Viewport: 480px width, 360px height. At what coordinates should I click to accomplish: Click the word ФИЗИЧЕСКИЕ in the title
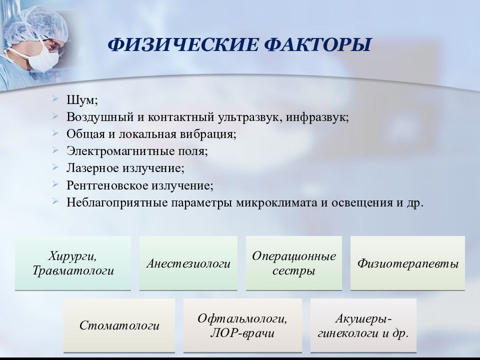(183, 44)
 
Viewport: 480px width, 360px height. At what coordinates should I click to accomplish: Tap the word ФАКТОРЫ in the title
(317, 44)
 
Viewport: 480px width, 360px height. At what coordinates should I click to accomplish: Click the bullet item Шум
(82, 100)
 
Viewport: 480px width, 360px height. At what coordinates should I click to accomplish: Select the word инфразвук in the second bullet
(317, 117)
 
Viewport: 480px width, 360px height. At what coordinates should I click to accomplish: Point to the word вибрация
(208, 134)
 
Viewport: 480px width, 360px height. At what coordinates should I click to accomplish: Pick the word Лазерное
(93, 168)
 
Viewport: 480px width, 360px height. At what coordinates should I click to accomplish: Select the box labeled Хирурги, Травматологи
(73, 263)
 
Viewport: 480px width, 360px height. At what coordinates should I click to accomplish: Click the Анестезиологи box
(188, 263)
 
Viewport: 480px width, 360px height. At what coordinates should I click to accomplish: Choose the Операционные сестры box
(294, 263)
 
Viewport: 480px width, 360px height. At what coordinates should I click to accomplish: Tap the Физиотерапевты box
(408, 263)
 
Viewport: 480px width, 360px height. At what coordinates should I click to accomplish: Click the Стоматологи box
(119, 325)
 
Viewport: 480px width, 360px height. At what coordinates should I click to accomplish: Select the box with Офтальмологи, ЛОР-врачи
(243, 325)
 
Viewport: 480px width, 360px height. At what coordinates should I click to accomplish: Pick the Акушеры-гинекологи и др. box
(363, 325)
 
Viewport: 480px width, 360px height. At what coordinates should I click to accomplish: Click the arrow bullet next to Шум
(55, 98)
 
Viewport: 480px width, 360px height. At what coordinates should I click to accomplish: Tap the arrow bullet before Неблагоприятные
(55, 201)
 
